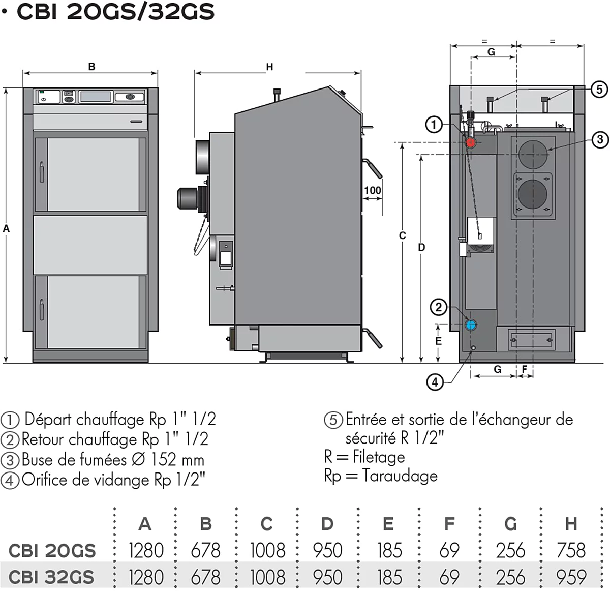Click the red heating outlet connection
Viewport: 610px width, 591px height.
[x=471, y=142]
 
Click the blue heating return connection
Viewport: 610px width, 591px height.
[x=471, y=324]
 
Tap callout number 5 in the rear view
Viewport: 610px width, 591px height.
[x=599, y=90]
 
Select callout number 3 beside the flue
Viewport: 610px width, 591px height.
[x=600, y=139]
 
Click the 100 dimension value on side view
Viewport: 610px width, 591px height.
[x=372, y=190]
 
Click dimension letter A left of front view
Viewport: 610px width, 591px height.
[x=6, y=229]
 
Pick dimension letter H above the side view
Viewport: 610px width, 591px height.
[x=269, y=67]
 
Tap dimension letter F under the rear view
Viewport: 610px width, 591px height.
[x=524, y=369]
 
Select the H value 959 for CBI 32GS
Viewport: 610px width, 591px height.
[x=571, y=577]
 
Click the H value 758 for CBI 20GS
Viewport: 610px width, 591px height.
[x=571, y=550]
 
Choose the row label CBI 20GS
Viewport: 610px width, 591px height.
[x=52, y=551]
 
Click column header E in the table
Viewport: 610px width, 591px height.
[x=388, y=523]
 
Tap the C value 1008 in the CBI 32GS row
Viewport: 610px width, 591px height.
[x=267, y=577]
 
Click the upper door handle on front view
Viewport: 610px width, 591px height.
[x=42, y=171]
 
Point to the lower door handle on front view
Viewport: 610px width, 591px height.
[x=42, y=309]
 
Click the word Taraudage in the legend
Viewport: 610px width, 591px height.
[x=400, y=476]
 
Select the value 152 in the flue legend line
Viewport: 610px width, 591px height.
[x=164, y=460]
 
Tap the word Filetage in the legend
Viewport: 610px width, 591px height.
[x=379, y=457]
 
